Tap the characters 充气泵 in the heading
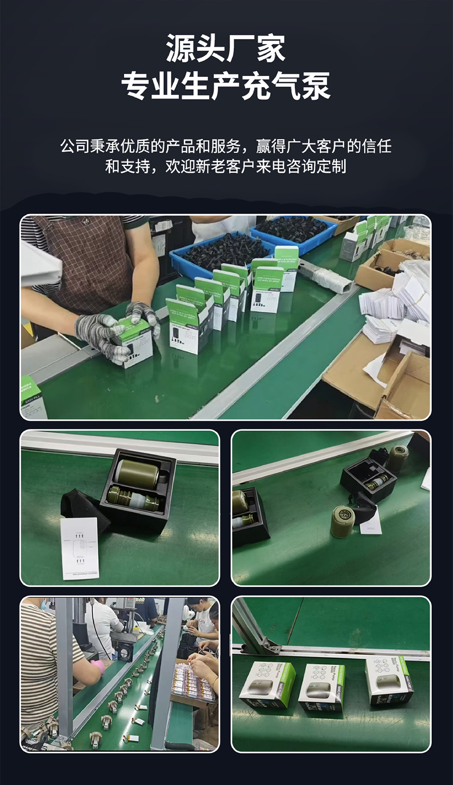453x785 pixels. click(x=285, y=86)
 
